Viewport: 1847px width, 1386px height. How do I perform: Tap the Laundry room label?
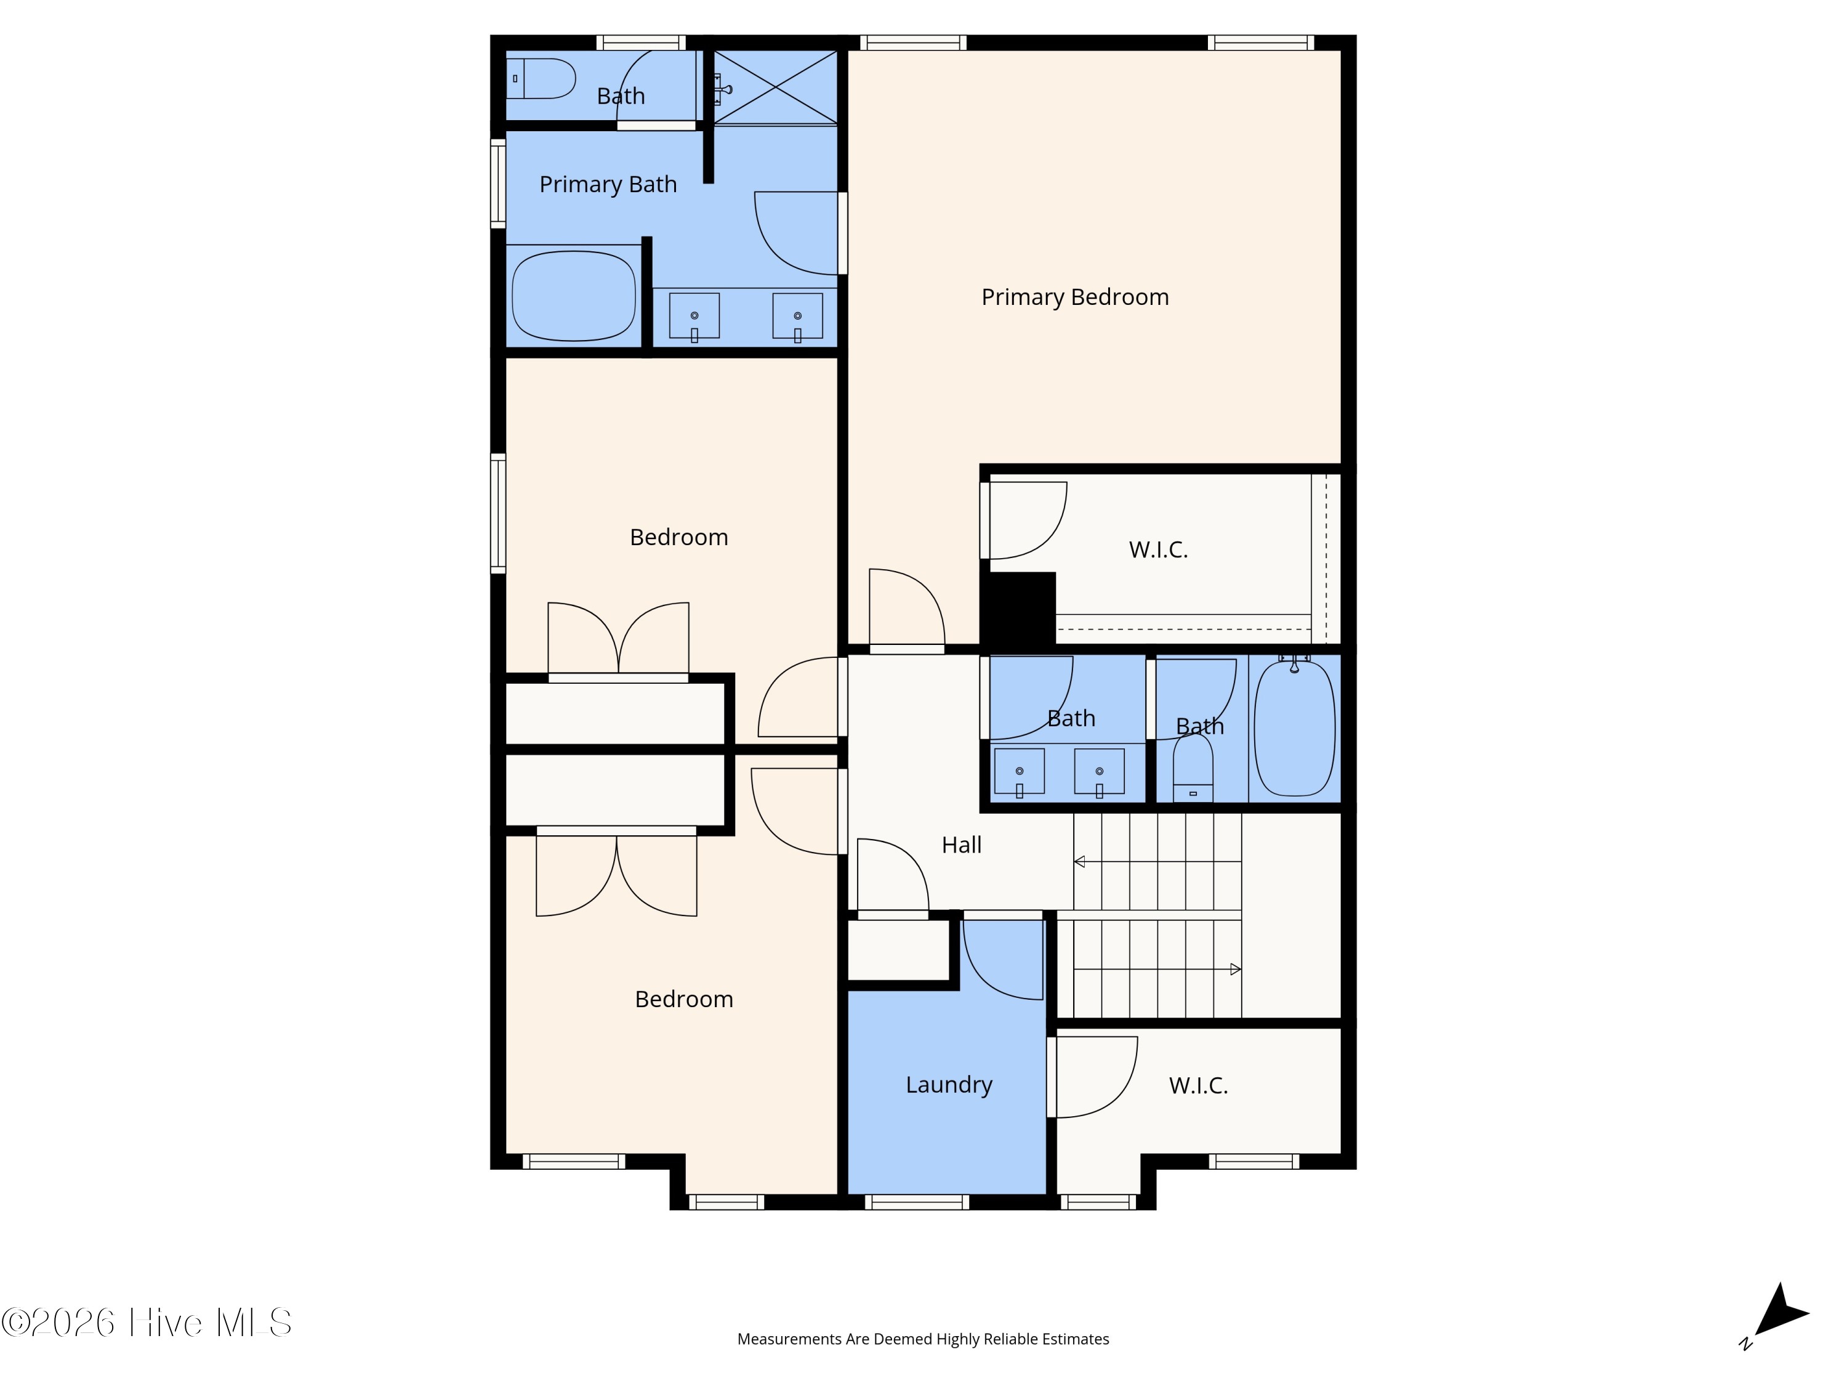[x=949, y=1084]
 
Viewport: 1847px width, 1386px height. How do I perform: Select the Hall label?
[x=962, y=845]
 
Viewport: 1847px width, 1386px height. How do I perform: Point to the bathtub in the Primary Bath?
[x=574, y=296]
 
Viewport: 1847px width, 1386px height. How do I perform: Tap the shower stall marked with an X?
[x=776, y=87]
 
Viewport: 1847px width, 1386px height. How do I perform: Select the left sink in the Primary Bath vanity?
[x=694, y=316]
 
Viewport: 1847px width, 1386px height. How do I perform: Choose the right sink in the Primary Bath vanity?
[x=797, y=316]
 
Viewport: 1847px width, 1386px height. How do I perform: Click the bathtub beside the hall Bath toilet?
[x=1294, y=727]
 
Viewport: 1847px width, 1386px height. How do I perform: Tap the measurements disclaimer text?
[x=923, y=1339]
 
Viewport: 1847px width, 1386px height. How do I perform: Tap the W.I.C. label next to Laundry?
[x=1198, y=1085]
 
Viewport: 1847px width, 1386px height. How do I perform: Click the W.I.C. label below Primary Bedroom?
[x=1158, y=549]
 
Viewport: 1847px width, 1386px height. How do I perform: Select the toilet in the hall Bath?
[x=1193, y=769]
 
